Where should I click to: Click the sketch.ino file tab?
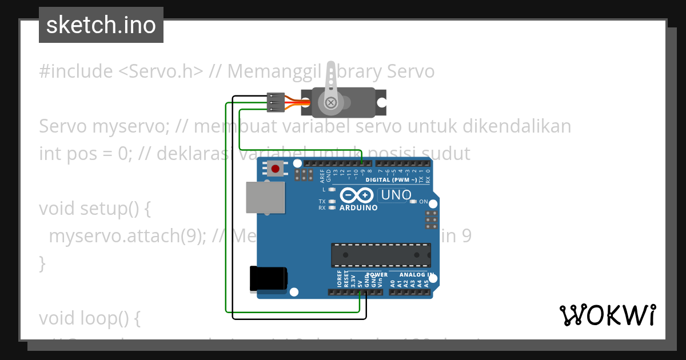[101, 25]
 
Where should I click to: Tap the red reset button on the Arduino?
[276, 169]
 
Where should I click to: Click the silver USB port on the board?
[265, 198]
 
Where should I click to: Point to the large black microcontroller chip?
[381, 255]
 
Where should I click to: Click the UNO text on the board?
[396, 195]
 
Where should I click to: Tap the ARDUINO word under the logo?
[358, 208]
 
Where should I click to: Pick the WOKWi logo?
[608, 315]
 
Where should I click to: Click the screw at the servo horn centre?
[330, 103]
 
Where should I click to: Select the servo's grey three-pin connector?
[276, 102]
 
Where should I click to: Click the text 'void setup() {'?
[95, 209]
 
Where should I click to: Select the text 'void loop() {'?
[90, 318]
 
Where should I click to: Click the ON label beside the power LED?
[424, 202]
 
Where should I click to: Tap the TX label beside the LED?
[322, 202]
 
